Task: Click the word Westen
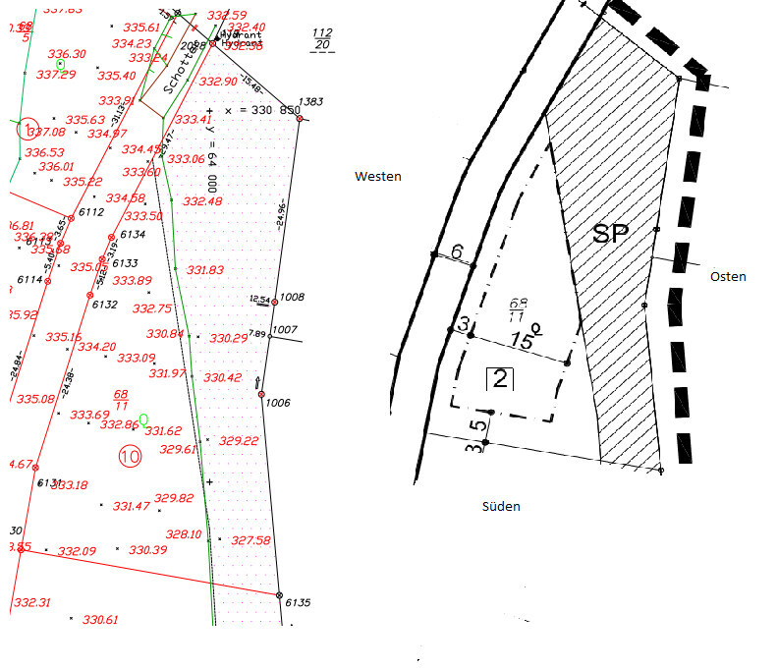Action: click(x=378, y=176)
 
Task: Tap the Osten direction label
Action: click(x=728, y=277)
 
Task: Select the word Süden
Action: click(x=501, y=507)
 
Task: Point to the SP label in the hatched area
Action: click(x=611, y=234)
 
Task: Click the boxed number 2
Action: click(x=500, y=378)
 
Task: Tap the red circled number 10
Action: click(x=130, y=456)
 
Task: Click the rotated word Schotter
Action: click(x=175, y=67)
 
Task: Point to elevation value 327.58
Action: click(x=250, y=540)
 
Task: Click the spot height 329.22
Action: click(x=239, y=441)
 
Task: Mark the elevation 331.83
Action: click(x=205, y=270)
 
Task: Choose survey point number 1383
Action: click(x=311, y=102)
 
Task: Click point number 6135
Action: click(x=298, y=602)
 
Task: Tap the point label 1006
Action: click(x=279, y=403)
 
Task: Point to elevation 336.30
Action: click(x=67, y=54)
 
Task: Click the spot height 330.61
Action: click(x=100, y=620)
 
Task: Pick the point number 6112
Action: click(x=91, y=212)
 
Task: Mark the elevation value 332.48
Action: click(x=202, y=201)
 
